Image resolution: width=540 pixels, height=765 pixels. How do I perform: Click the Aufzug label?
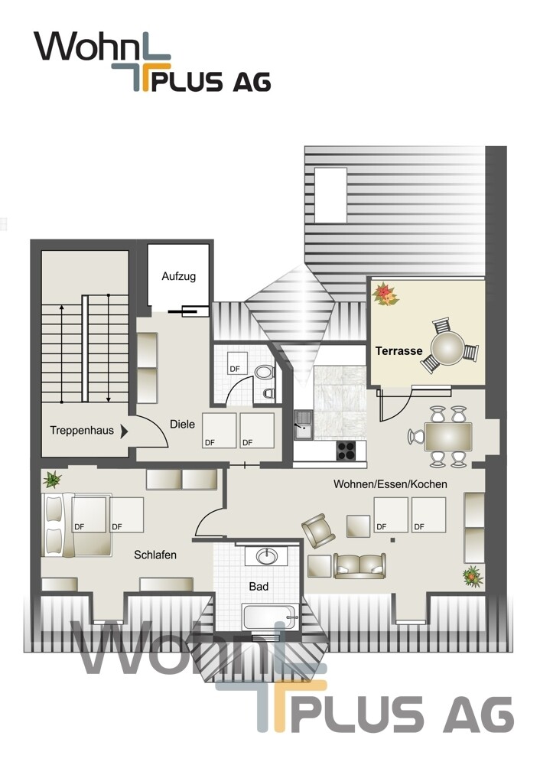178,276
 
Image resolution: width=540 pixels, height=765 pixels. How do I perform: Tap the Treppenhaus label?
82,430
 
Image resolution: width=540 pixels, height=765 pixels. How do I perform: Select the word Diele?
183,424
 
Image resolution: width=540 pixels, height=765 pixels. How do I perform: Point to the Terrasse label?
398,350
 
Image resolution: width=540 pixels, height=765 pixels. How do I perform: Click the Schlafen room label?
155,555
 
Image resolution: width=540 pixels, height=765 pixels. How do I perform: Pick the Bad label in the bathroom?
259,587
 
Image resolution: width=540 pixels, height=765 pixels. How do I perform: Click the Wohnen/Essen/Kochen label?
390,484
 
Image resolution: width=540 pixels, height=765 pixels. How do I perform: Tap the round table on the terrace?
447,348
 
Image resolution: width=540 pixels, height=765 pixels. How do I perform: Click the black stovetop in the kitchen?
346,451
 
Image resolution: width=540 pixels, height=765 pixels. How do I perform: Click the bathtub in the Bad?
271,617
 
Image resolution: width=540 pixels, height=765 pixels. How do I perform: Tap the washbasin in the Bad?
267,556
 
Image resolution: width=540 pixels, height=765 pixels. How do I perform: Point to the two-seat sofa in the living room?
360,565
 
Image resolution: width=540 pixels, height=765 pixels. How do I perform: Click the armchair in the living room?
318,530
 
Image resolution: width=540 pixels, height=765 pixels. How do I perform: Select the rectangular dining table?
448,437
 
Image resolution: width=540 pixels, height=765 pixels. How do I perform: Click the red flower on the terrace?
385,295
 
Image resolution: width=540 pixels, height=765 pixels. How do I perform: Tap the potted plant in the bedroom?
52,480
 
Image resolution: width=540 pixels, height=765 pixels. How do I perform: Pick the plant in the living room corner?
473,576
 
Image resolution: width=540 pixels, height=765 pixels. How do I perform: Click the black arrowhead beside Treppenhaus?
125,431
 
